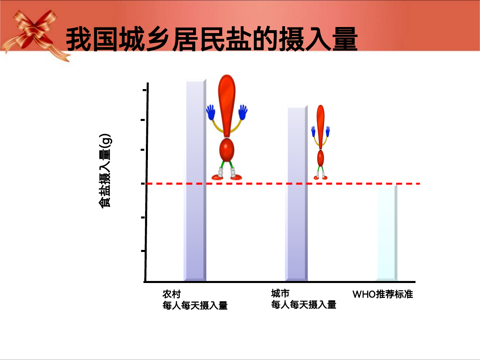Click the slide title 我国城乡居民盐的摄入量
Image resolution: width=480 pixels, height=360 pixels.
[212, 39]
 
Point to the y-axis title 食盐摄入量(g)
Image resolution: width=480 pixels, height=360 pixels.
[105, 171]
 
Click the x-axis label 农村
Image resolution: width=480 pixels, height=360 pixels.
[171, 294]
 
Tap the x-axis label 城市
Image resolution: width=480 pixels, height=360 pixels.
[280, 293]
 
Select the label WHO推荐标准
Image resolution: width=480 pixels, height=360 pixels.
[382, 294]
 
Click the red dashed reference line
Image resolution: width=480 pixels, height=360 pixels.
[283, 184]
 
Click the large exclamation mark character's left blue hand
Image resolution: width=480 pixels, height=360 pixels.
[211, 112]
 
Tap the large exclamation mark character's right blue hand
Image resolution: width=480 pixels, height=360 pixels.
[243, 112]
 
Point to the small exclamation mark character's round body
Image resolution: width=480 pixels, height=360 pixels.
[320, 158]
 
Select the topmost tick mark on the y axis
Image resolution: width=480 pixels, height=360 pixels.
[145, 90]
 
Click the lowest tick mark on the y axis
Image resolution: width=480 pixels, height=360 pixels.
[143, 251]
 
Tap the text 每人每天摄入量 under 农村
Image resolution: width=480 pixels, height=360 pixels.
[195, 306]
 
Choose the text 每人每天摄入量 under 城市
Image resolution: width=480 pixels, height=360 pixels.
[303, 305]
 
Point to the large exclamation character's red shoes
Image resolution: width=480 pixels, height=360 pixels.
[227, 177]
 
